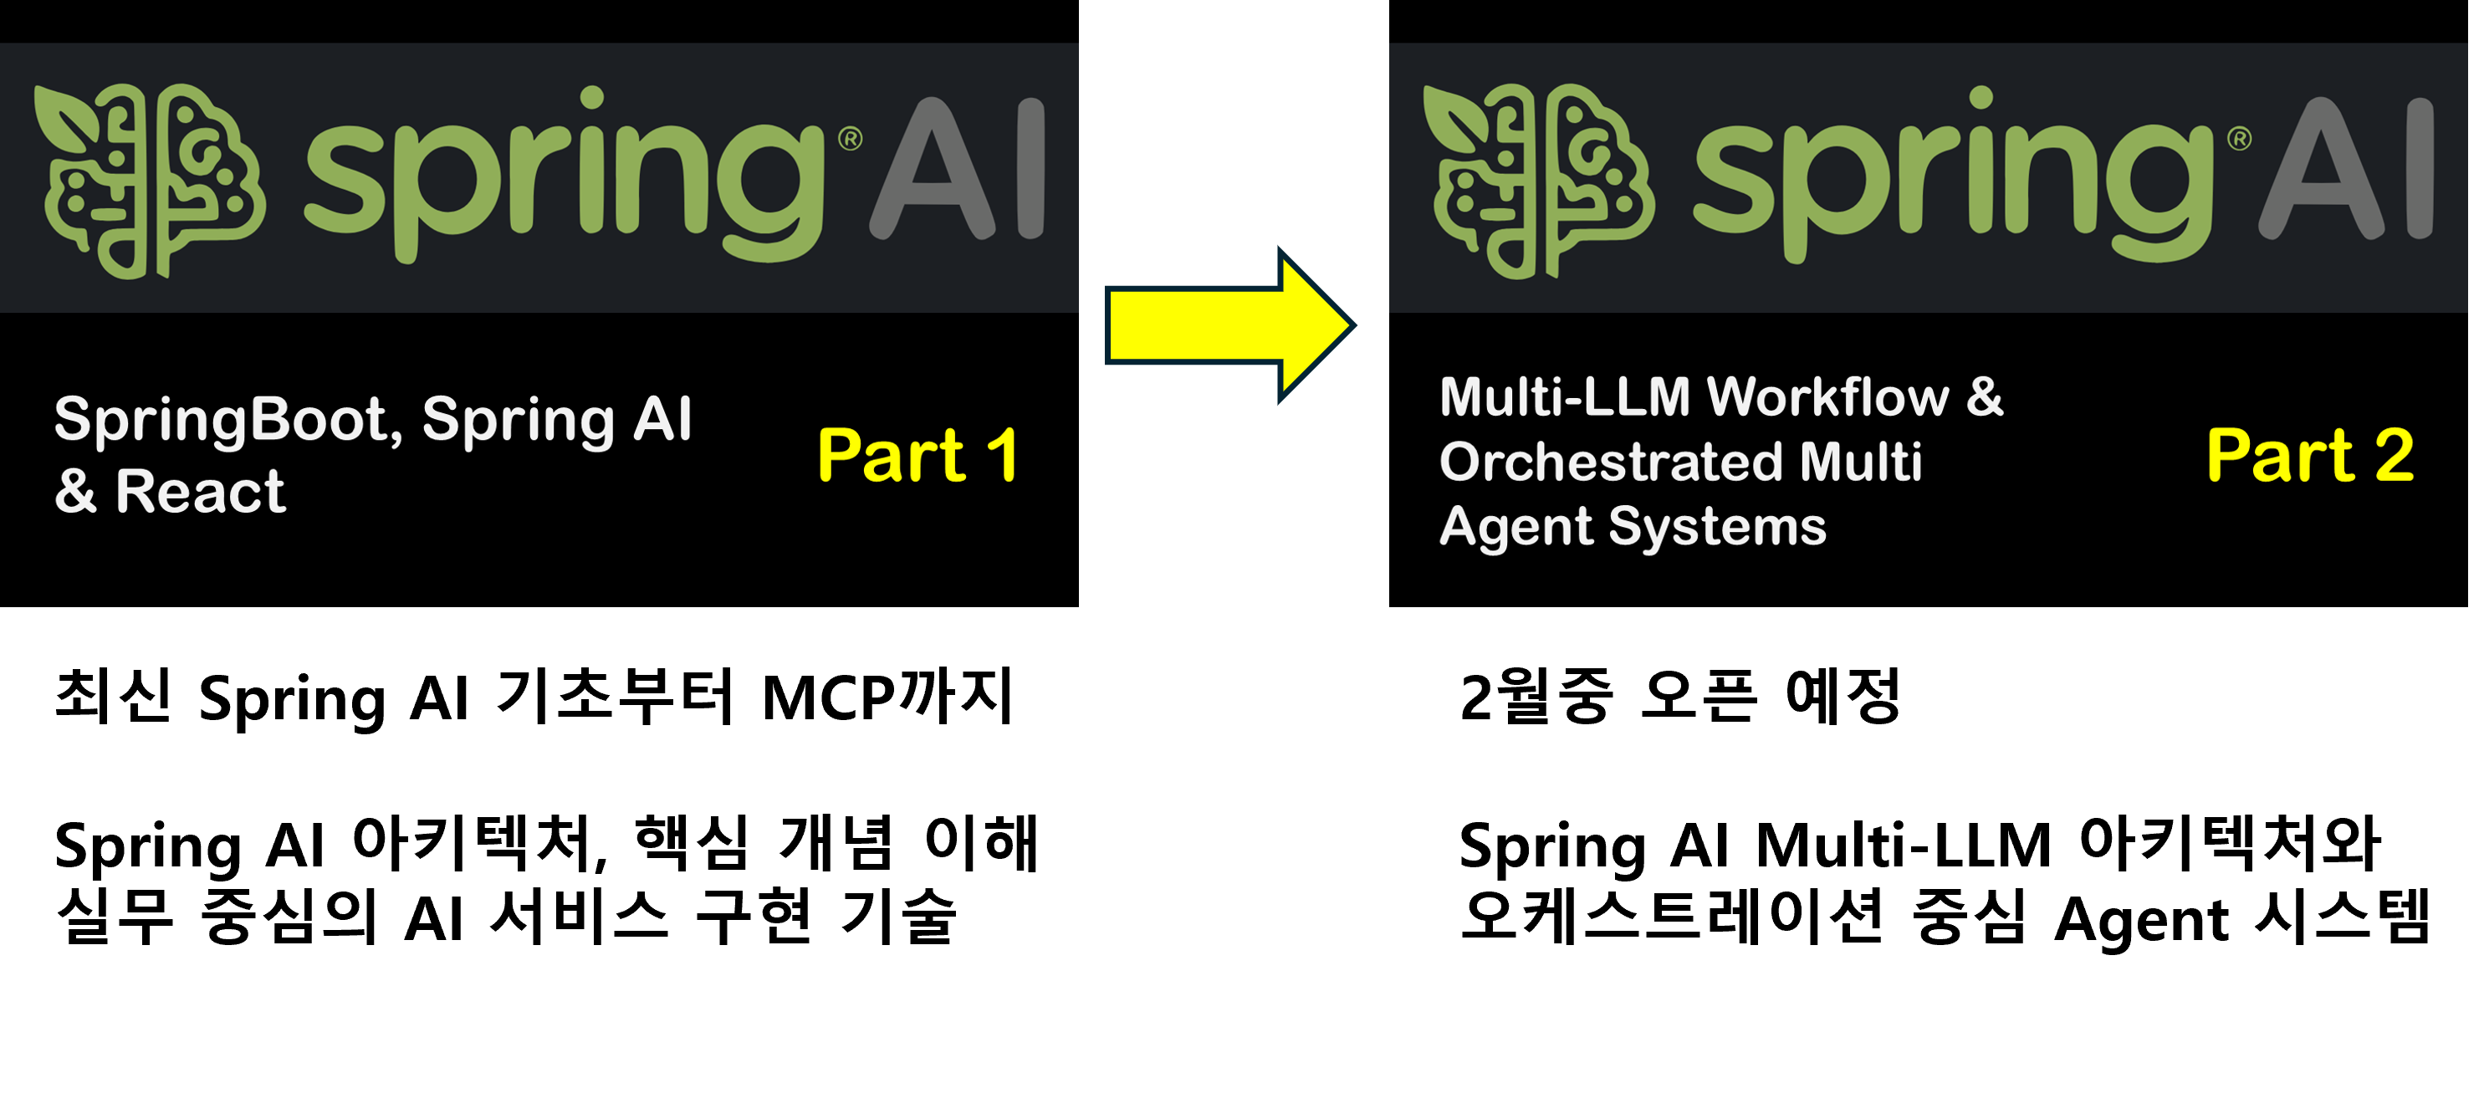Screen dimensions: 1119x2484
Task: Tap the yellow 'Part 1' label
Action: pyautogui.click(x=917, y=455)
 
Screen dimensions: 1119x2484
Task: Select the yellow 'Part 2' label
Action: pyautogui.click(x=2309, y=455)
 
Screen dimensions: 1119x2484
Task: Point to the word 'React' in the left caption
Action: pyautogui.click(x=200, y=492)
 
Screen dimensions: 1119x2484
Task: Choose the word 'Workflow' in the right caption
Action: pyautogui.click(x=1827, y=397)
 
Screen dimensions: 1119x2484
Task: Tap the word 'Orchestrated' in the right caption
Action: pyautogui.click(x=1610, y=462)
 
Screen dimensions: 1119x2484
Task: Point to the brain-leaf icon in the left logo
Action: pyautogui.click(x=150, y=181)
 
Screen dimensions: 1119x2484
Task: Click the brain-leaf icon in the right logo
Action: pyautogui.click(x=1538, y=181)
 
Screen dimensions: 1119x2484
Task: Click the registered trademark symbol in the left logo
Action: pyautogui.click(x=851, y=139)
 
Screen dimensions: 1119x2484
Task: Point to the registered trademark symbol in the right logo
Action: pyautogui.click(x=2239, y=139)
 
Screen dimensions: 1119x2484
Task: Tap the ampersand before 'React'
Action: pyautogui.click(x=75, y=492)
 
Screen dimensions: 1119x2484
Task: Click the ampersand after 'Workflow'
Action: pyautogui.click(x=1985, y=397)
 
